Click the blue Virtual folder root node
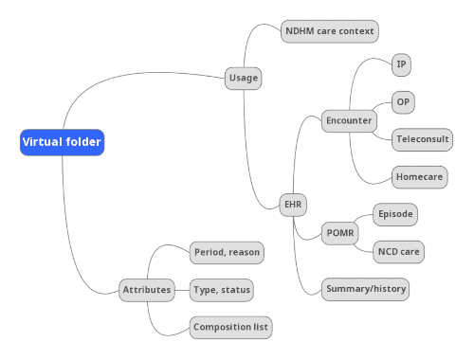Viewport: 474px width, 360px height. pyautogui.click(x=62, y=143)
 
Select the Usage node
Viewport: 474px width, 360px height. pyautogui.click(x=244, y=79)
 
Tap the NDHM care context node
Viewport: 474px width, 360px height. pyautogui.click(x=330, y=31)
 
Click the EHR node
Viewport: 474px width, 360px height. pyautogui.click(x=293, y=204)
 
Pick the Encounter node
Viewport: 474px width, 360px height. pyautogui.click(x=349, y=121)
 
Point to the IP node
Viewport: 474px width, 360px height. pyautogui.click(x=402, y=65)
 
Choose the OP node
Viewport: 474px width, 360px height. pyautogui.click(x=403, y=102)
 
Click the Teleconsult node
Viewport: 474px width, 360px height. pyautogui.click(x=423, y=139)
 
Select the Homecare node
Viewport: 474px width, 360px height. pyautogui.click(x=420, y=176)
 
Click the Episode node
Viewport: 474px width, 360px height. pyautogui.click(x=395, y=214)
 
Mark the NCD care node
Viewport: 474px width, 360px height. pyautogui.click(x=399, y=252)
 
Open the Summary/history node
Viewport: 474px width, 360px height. pyautogui.click(x=365, y=289)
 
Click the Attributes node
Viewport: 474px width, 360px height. pyautogui.click(x=147, y=289)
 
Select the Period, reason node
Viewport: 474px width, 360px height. pyautogui.click(x=227, y=252)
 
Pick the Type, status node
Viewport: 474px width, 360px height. pyautogui.click(x=222, y=289)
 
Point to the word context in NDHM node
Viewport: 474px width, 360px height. pyautogui.click(x=355, y=31)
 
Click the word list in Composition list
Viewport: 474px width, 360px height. pyautogui.click(x=259, y=328)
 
